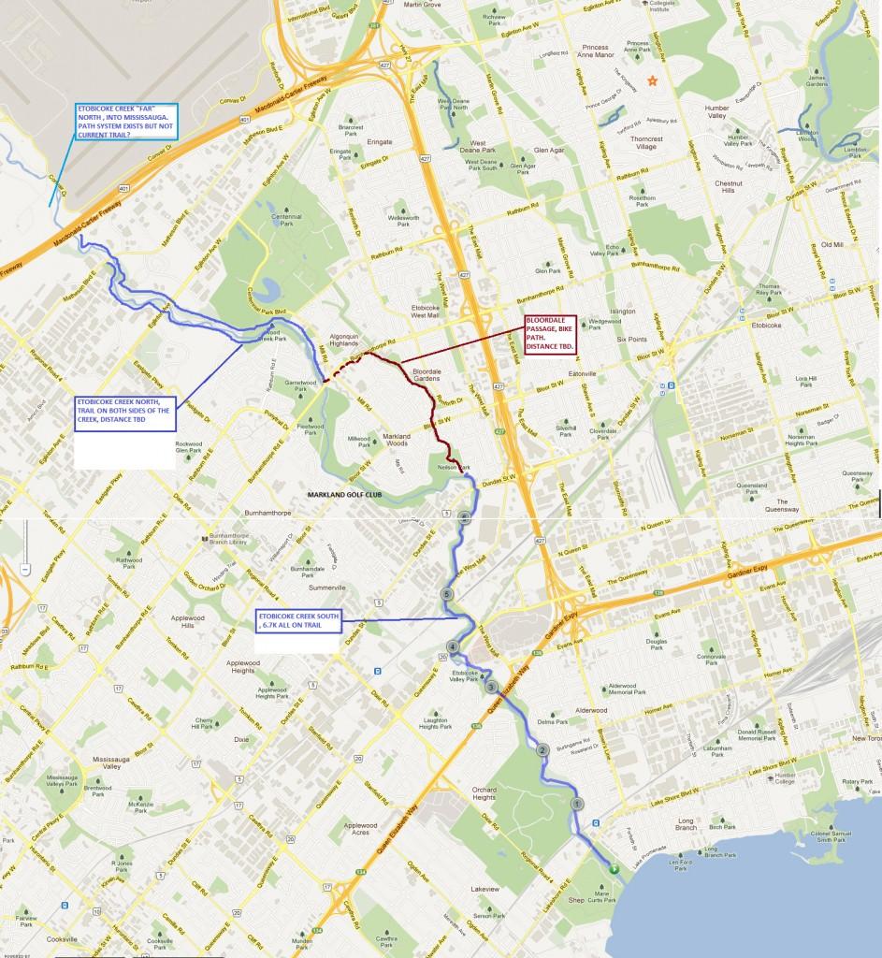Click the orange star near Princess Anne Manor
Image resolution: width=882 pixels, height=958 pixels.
click(x=653, y=82)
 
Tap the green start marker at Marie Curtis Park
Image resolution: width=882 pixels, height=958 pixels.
click(x=614, y=869)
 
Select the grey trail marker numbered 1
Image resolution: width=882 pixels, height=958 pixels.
click(x=577, y=804)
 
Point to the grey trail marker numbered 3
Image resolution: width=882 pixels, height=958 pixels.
click(x=491, y=688)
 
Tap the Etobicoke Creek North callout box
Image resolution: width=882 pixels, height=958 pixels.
click(x=124, y=414)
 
